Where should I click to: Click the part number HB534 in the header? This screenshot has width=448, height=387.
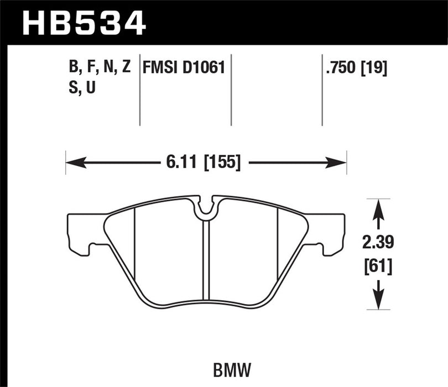pos(84,24)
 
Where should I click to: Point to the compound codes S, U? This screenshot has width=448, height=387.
pos(80,87)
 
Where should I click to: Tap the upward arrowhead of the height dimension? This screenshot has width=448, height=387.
pos(378,208)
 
